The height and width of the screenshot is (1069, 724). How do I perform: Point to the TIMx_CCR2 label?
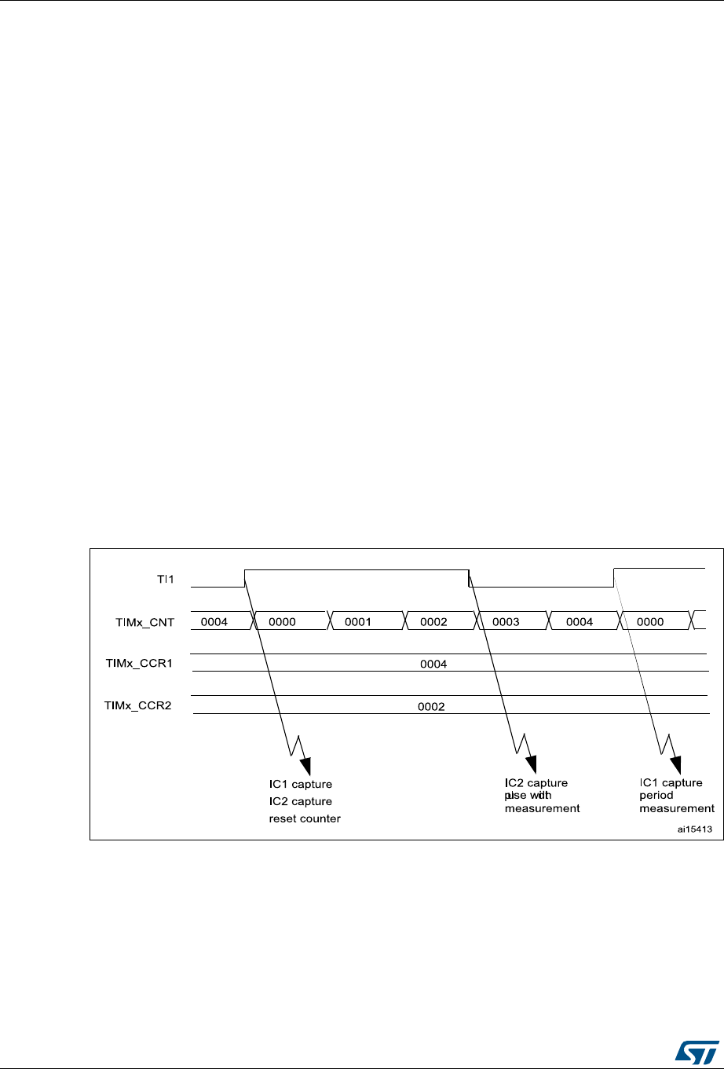pyautogui.click(x=138, y=705)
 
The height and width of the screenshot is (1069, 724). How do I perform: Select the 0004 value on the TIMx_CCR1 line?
pyautogui.click(x=434, y=664)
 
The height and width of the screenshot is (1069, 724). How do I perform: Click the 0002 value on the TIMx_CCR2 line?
pyautogui.click(x=432, y=706)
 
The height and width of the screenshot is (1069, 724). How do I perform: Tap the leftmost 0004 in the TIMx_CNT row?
pyautogui.click(x=214, y=622)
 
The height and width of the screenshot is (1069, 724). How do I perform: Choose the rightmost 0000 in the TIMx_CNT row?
pyautogui.click(x=650, y=622)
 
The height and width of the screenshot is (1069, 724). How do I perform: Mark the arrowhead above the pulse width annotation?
pyautogui.click(x=532, y=764)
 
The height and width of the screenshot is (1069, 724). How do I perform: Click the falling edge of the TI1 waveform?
pyautogui.click(x=470, y=577)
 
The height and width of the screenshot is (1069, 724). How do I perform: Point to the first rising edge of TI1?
pyautogui.click(x=245, y=577)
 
